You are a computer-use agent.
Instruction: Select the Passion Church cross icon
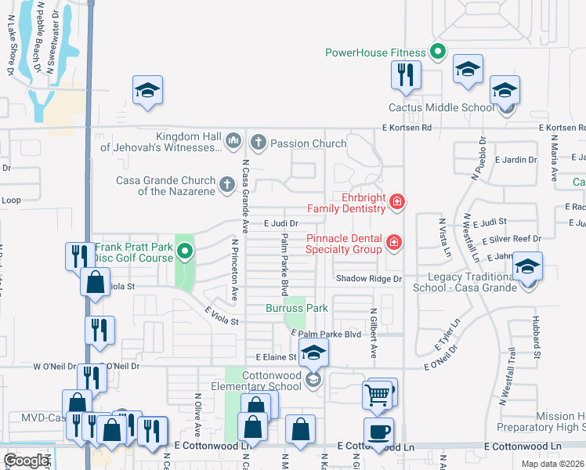coord(258,143)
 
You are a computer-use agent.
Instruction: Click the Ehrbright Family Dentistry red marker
coord(397,202)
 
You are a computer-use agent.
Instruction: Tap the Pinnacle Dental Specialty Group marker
coord(393,243)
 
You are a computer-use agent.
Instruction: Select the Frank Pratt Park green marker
coord(185,251)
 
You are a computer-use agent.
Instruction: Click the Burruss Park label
coord(296,308)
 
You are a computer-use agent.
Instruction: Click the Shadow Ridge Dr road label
coord(368,279)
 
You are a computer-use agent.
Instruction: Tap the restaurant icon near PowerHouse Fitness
coord(406,75)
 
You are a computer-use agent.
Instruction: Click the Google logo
coord(26,461)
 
